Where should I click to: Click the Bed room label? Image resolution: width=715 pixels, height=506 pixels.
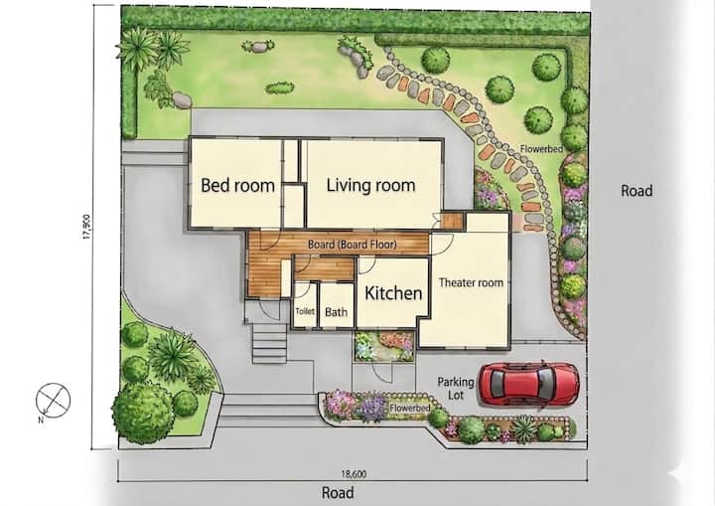click(x=237, y=186)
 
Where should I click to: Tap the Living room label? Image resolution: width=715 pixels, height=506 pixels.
click(x=370, y=185)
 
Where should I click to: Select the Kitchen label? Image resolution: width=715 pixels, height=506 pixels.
click(x=393, y=293)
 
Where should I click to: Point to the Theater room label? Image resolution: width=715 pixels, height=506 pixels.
click(x=471, y=282)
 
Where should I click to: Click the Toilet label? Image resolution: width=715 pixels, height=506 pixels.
click(x=305, y=311)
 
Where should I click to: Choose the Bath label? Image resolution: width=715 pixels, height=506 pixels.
click(x=336, y=312)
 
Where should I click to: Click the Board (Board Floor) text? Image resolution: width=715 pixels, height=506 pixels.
click(x=352, y=245)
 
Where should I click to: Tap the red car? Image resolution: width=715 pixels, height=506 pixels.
click(x=529, y=383)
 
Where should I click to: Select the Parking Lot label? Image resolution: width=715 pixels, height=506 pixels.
click(x=456, y=388)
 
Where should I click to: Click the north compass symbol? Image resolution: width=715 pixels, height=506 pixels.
click(x=54, y=401)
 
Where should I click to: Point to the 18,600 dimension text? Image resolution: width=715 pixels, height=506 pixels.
click(x=354, y=474)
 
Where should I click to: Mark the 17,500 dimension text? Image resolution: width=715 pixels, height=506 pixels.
click(x=87, y=227)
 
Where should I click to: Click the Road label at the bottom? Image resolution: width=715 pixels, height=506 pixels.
click(x=338, y=492)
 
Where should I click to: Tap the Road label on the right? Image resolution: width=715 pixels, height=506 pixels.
click(x=637, y=191)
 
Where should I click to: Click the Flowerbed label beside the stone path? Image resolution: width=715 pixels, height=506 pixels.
click(x=541, y=149)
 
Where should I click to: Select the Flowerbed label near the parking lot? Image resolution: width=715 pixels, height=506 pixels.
click(x=409, y=408)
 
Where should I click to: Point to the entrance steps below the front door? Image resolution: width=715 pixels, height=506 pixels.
click(x=269, y=343)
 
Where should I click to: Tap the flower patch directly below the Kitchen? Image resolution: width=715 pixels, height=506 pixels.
click(x=384, y=346)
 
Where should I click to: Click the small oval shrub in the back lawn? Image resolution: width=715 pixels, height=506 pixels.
click(x=279, y=87)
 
